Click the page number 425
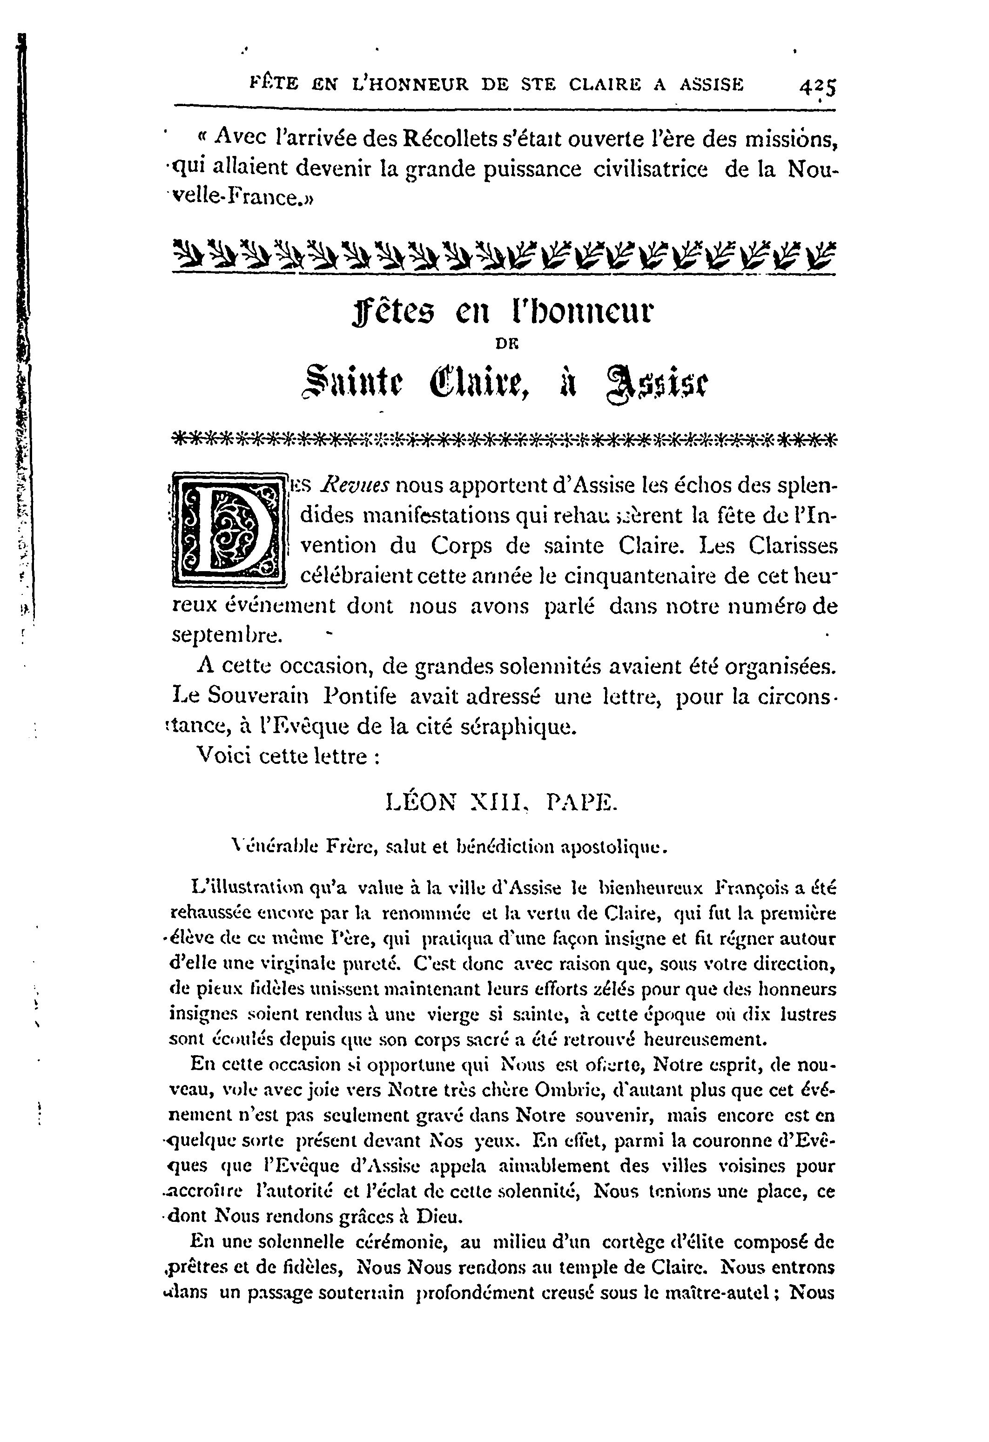[817, 86]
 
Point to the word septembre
[227, 636]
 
